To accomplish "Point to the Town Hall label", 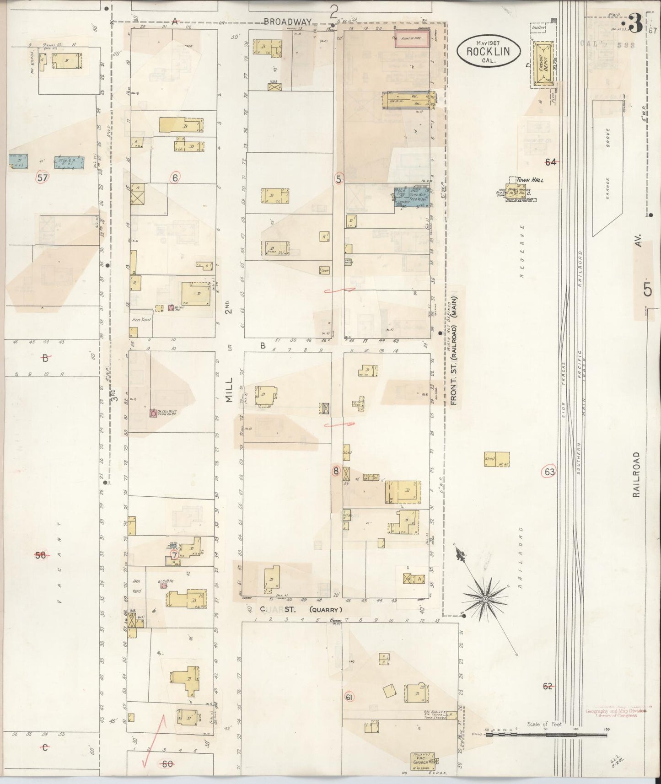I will tap(530, 180).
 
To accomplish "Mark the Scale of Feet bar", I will tap(546, 735).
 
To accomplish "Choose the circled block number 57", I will tap(42, 178).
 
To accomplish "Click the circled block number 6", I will tap(174, 177).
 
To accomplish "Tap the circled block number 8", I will tap(337, 470).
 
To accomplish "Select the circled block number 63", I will tap(549, 472).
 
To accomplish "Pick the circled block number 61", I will tap(349, 697).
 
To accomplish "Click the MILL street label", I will tap(229, 390).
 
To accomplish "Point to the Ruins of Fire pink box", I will tap(412, 39).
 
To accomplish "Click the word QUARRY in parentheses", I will tap(326, 609).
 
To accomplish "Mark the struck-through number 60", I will tap(168, 763).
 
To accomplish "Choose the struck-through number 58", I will tap(41, 555).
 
